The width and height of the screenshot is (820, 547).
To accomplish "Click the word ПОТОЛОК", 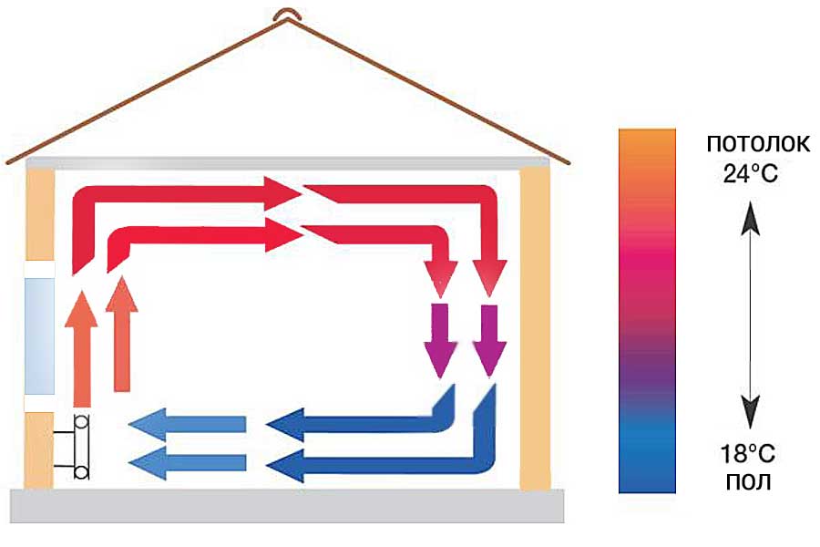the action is coord(758,143).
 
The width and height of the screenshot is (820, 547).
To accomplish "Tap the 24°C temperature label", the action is coord(751,172).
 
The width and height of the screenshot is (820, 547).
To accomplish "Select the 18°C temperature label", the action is coord(748,453).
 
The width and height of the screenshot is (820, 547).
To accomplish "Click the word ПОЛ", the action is coord(748,481).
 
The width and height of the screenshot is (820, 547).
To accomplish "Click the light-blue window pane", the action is coord(39,336).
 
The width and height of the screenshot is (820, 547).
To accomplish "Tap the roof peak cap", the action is coord(286,15).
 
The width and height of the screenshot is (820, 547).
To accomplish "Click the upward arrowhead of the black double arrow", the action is coord(751,217).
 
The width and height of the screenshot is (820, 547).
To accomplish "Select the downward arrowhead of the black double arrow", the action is coord(751,412).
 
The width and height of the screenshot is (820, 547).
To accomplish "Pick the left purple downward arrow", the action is coord(439,340).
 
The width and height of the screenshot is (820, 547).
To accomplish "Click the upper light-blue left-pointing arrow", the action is coord(188,424).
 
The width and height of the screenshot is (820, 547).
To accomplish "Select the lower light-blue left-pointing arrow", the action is coord(188,463).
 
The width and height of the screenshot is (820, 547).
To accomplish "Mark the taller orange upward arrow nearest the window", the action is coord(82,348).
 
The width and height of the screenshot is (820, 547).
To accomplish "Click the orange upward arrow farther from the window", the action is coord(122,334).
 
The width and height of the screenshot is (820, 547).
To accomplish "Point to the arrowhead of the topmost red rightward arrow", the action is coord(282,193).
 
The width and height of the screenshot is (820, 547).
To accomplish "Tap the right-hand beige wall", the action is coord(535,329).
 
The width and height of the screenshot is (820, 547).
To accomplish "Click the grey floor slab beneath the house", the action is coord(287,506).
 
